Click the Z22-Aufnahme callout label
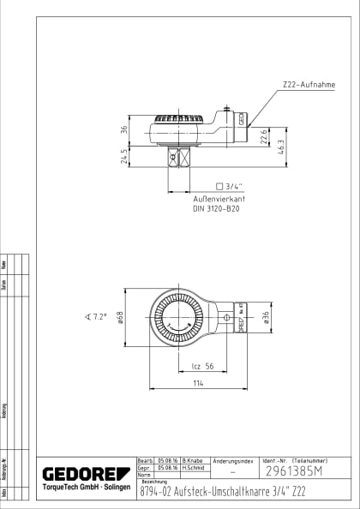pyautogui.click(x=308, y=86)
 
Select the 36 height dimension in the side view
pyautogui.click(x=124, y=130)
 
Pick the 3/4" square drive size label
pyautogui.click(x=231, y=186)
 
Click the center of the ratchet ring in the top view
pyautogui.click(x=179, y=320)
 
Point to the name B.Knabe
pyautogui.click(x=191, y=461)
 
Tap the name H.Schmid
pyautogui.click(x=191, y=469)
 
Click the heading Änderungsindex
pyautogui.click(x=233, y=461)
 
